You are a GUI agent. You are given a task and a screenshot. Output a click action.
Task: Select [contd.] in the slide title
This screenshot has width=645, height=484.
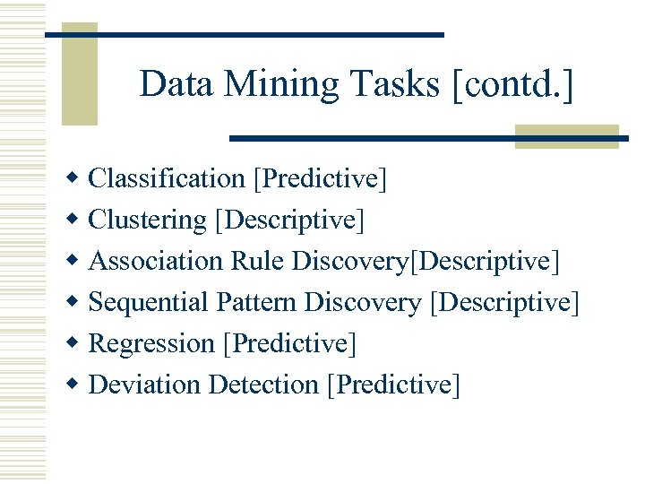[513, 85]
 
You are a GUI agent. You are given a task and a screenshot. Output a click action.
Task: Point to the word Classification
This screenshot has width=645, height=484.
[168, 179]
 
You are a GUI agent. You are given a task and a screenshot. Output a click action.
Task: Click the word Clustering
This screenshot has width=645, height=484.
[148, 220]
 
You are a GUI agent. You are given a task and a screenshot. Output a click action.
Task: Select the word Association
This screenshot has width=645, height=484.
[157, 262]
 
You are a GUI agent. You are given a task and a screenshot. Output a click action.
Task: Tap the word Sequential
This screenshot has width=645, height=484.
[150, 303]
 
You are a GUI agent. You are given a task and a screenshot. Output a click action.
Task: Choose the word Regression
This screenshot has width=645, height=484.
[152, 344]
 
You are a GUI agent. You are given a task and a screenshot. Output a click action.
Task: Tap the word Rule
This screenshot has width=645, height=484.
[258, 262]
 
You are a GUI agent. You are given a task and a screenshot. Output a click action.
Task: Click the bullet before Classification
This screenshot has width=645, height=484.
[74, 178]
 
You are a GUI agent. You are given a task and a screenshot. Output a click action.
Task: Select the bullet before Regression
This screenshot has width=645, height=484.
[74, 343]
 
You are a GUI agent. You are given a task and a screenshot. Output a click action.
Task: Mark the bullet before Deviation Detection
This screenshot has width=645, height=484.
[74, 385]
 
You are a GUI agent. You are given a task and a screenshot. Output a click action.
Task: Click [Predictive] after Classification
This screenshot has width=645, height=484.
[320, 179]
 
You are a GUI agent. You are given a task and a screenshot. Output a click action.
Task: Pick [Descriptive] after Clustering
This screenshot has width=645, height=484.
[289, 220]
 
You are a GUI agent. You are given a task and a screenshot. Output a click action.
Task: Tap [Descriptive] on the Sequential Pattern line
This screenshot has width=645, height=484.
[505, 303]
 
